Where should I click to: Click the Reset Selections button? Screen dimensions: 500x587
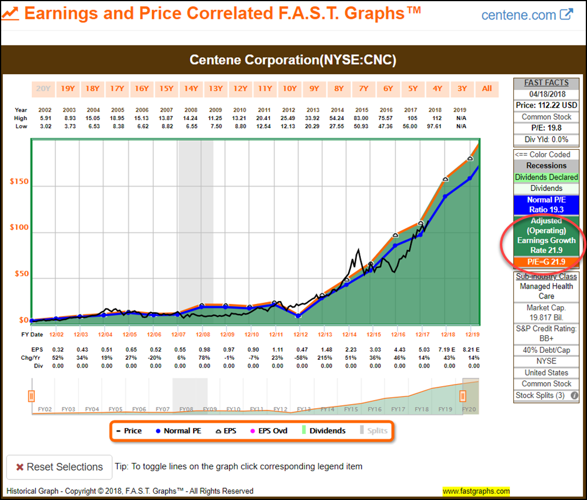click(59, 467)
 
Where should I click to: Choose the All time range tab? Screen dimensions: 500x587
click(487, 89)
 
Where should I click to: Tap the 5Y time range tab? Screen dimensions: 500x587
click(413, 89)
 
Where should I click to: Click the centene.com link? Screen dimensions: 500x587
click(526, 15)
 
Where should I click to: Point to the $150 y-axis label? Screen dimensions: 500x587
click(18, 181)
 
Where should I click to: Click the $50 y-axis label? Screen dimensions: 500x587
click(20, 274)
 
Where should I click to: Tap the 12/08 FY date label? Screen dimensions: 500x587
click(203, 335)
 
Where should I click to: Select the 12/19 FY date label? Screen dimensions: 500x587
click(472, 335)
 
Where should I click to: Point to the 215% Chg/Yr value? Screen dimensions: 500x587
click(326, 357)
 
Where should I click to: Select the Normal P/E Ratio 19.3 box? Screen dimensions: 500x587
click(546, 204)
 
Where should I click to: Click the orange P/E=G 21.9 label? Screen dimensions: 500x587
click(546, 261)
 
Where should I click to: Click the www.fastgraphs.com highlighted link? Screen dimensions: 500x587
click(476, 491)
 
